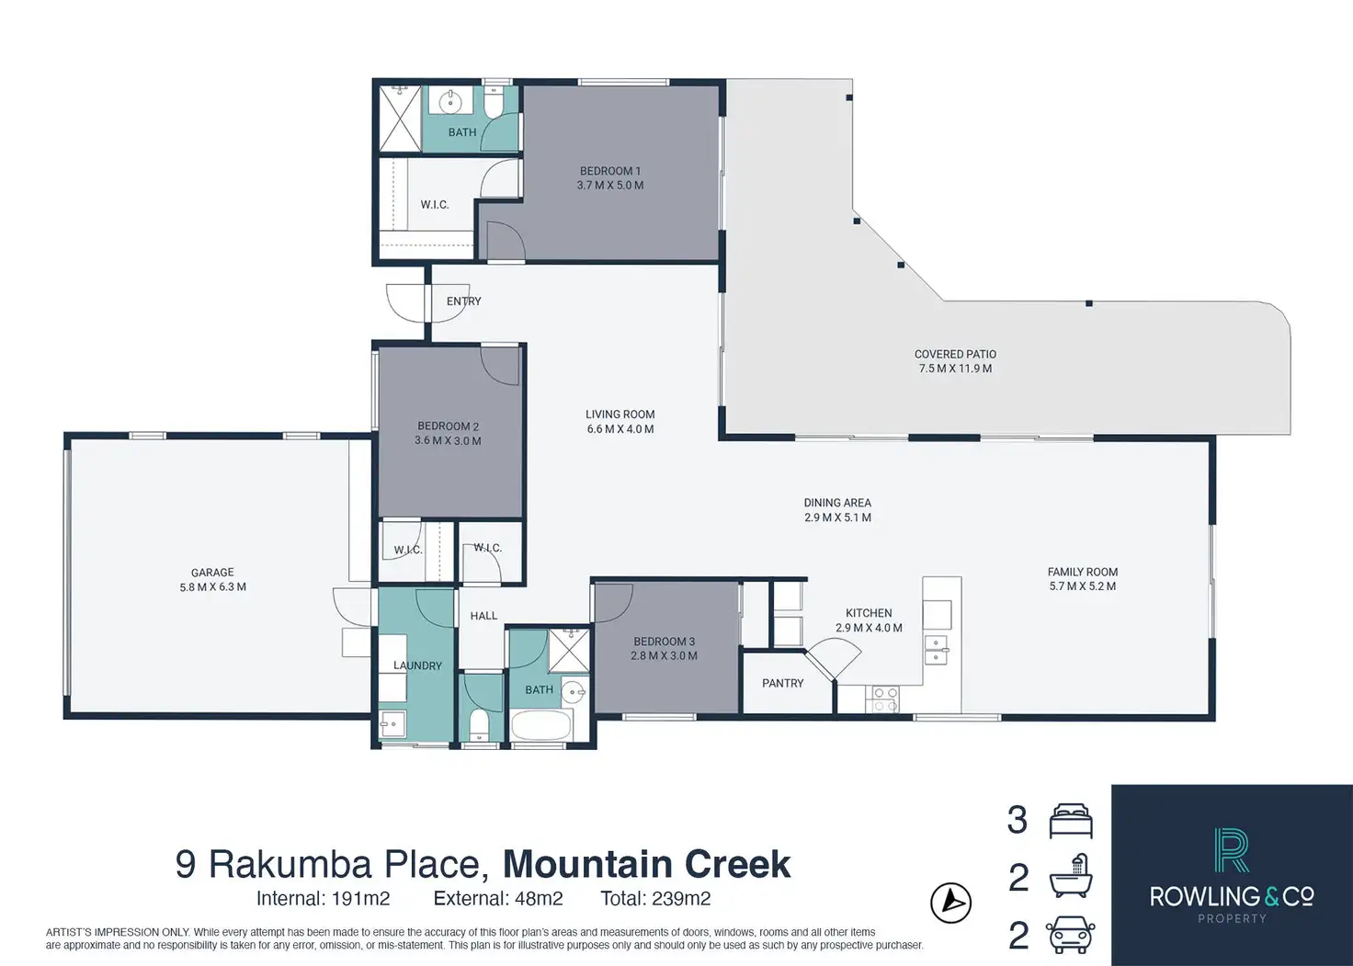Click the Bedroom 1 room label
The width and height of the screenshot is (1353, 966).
609,171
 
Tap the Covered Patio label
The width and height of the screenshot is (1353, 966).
955,354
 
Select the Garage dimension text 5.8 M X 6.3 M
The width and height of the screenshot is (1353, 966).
212,587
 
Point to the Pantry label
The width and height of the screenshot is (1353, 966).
782,683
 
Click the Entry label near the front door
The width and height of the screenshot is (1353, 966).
463,301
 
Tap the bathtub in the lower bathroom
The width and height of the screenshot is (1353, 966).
541,725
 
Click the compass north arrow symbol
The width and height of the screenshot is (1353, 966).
951,903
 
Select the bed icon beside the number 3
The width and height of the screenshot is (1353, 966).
1071,821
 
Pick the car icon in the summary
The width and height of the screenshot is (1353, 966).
1071,935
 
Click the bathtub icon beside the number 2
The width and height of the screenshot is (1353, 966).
1071,877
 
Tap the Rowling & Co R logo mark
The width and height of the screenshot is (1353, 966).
1231,850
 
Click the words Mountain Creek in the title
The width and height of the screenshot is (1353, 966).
646,864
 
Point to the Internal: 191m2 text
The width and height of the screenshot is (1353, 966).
323,899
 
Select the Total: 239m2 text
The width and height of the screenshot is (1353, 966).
655,899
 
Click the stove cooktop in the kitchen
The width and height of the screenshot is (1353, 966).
884,699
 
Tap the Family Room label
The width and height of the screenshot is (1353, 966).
1082,572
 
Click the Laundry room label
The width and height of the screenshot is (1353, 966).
417,665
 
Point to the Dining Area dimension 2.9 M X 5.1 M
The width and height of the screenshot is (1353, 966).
837,517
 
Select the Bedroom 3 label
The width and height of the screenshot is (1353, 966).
664,642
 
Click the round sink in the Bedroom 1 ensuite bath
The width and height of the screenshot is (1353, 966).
450,101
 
